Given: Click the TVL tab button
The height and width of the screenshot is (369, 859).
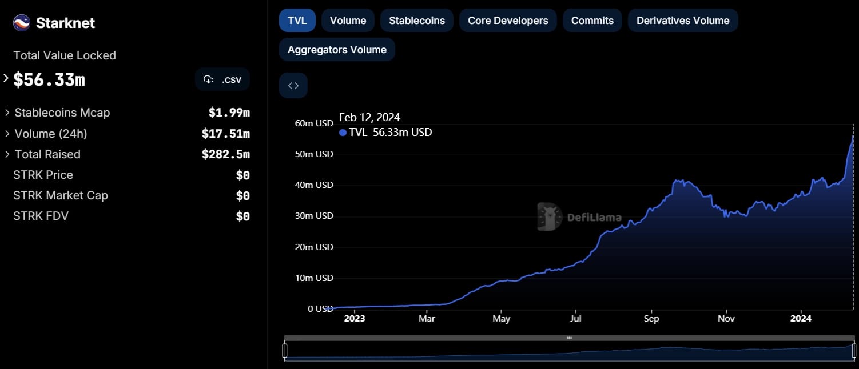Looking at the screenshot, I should (x=297, y=21).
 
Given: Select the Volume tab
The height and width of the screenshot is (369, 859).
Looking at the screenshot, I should (x=348, y=21).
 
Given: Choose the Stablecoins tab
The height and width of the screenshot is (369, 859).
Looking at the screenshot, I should (x=417, y=21).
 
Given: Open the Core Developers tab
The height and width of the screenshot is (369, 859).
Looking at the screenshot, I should (x=508, y=21).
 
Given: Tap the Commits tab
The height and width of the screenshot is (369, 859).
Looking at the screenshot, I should (x=592, y=21).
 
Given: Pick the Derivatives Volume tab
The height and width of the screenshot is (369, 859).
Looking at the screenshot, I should (x=683, y=21).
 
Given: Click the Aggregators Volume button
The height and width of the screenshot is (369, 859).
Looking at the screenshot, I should (x=337, y=50).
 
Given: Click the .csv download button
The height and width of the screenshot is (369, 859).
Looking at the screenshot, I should (x=222, y=79).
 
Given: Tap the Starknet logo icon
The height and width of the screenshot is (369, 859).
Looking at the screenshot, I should (x=22, y=23).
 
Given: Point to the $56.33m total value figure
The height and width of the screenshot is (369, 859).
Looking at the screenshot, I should (x=49, y=80).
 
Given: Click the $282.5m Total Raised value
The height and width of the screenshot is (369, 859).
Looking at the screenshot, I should (x=225, y=154).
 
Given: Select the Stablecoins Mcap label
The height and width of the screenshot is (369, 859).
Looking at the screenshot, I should (x=62, y=113).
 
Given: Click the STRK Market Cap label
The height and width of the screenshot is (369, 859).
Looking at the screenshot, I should (x=61, y=195).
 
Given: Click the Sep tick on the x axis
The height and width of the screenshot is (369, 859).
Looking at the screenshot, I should (x=651, y=319).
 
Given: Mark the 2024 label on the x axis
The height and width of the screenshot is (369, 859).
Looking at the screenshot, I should (x=801, y=319).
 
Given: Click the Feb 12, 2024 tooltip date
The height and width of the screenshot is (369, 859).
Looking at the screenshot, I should (x=369, y=118).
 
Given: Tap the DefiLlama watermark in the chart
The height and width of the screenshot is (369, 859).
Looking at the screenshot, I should (x=579, y=217).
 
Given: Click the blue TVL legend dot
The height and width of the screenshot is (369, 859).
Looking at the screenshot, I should (x=343, y=133).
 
